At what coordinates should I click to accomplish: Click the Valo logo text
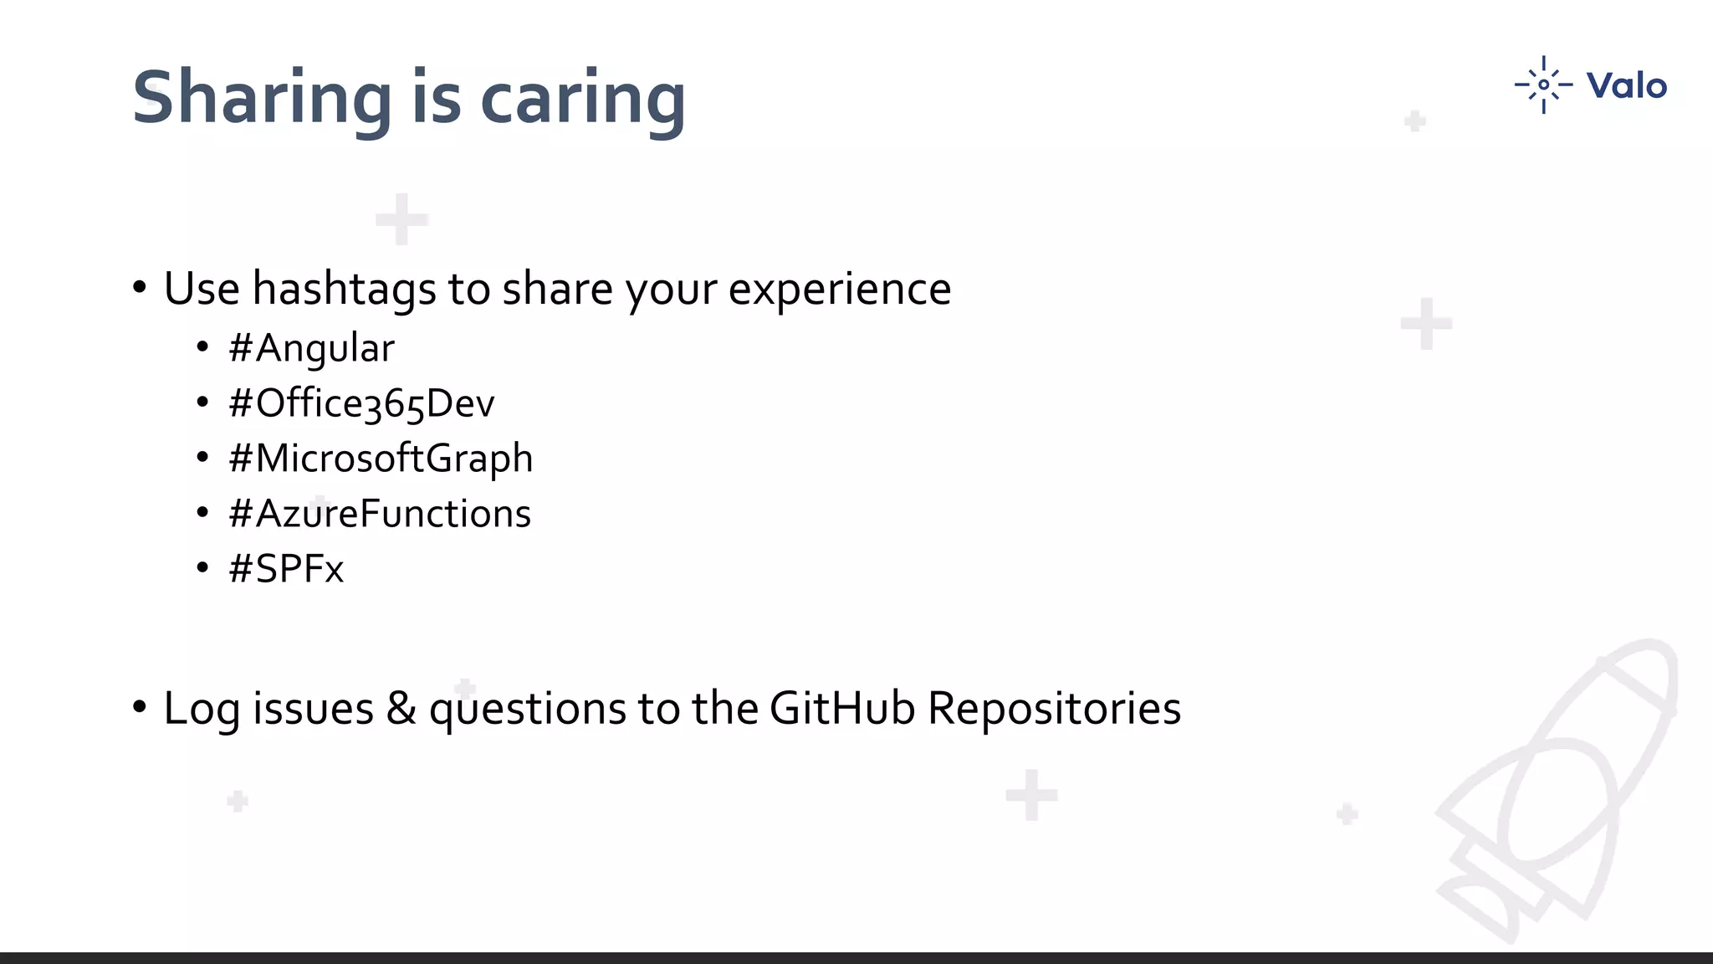point(1626,85)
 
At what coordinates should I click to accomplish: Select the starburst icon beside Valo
point(1543,85)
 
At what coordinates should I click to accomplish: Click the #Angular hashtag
point(311,348)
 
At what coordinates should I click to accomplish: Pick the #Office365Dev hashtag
point(361,403)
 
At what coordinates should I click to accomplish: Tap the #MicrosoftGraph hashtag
point(381,459)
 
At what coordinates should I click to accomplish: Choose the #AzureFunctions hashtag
point(380,514)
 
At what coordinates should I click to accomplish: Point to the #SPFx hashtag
point(286,569)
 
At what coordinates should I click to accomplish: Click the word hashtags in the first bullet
point(344,290)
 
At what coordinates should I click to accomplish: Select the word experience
point(840,290)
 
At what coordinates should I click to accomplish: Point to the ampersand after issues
point(401,709)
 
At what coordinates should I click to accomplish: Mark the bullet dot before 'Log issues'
point(140,708)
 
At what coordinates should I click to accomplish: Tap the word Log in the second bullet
point(202,709)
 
